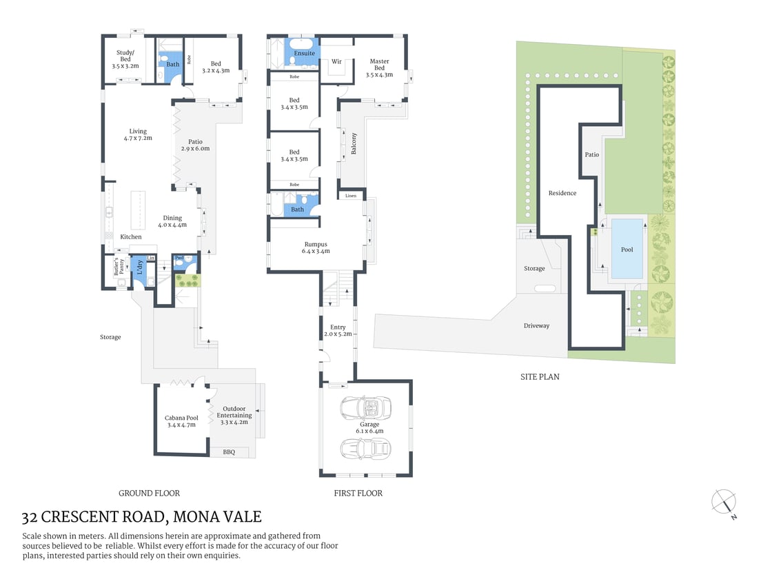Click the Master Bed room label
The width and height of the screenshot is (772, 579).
pos(379,68)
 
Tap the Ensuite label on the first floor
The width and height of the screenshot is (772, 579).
pos(304,53)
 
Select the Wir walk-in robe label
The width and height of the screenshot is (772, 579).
pos(336,61)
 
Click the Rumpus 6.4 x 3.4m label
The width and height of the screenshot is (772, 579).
pos(316,247)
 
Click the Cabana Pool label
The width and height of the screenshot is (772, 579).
pos(181,421)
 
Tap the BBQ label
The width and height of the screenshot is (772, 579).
pos(229,452)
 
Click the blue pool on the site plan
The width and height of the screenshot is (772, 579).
pos(627,249)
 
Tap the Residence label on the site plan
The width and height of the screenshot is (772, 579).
pos(562,193)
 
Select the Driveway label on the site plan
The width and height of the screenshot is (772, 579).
pos(536,325)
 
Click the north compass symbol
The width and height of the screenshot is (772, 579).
pos(724,502)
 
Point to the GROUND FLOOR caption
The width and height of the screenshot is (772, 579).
pos(149,493)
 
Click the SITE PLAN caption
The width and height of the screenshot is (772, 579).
pos(540,377)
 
